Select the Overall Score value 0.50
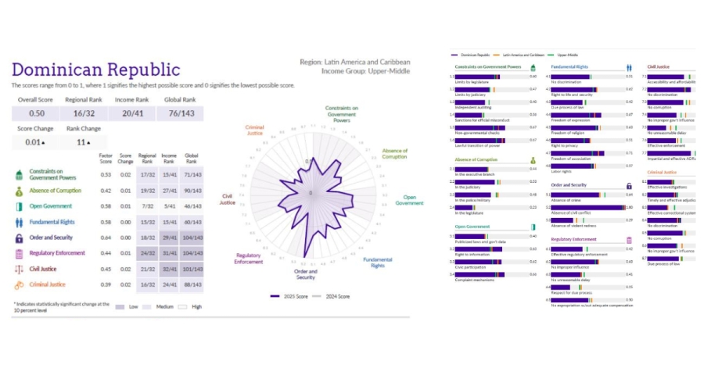pos(31,114)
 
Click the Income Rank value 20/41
pos(131,114)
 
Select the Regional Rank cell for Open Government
pos(146,206)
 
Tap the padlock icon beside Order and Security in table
pos(19,238)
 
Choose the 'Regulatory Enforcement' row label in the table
pos(57,253)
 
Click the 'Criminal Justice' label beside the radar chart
pos(254,130)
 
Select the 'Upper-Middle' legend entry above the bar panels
pos(567,55)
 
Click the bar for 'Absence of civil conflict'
pos(586,207)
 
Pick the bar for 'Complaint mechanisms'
pos(490,273)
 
